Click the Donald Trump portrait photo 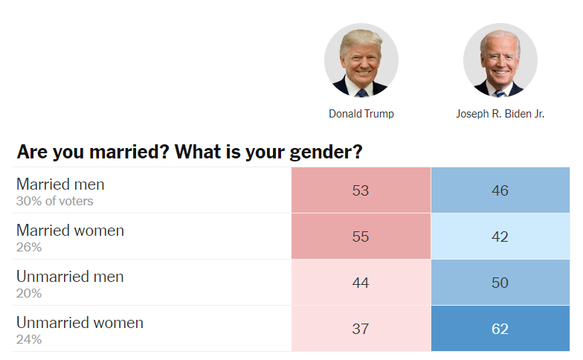pyautogui.click(x=361, y=60)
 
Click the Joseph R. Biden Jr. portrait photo pyautogui.click(x=500, y=60)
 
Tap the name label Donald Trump pyautogui.click(x=361, y=114)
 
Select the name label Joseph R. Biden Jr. pyautogui.click(x=500, y=114)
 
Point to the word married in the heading pyautogui.click(x=116, y=152)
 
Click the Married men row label pyautogui.click(x=60, y=184)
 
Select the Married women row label pyautogui.click(x=70, y=230)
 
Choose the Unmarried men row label pyautogui.click(x=70, y=276)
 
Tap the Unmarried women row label pyautogui.click(x=80, y=322)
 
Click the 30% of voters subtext pyautogui.click(x=54, y=200)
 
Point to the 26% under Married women pyautogui.click(x=29, y=246)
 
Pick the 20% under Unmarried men pyautogui.click(x=29, y=292)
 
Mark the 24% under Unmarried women pyautogui.click(x=29, y=338)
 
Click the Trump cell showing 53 pyautogui.click(x=361, y=190)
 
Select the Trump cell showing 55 pyautogui.click(x=361, y=237)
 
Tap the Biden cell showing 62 pyautogui.click(x=500, y=329)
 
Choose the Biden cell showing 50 pyautogui.click(x=500, y=283)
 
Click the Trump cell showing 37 pyautogui.click(x=361, y=329)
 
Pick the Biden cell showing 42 pyautogui.click(x=500, y=237)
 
